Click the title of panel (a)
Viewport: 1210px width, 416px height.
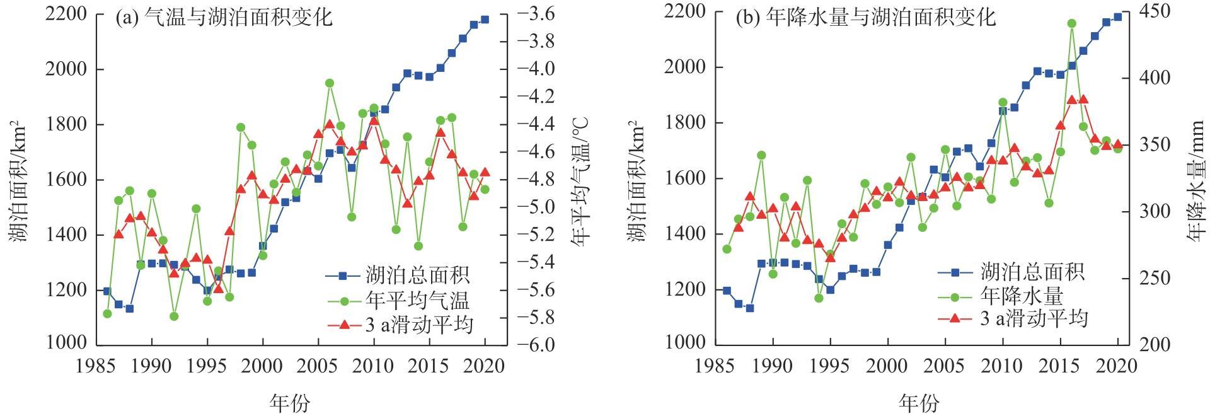(224, 17)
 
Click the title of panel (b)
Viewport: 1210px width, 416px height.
(866, 17)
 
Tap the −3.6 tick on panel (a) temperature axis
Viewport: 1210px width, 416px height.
(536, 13)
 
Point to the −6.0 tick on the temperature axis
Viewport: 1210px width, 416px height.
(536, 345)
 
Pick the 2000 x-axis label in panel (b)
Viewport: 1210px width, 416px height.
(888, 366)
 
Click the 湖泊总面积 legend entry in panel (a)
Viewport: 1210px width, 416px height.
(400, 275)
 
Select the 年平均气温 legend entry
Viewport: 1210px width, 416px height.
(400, 299)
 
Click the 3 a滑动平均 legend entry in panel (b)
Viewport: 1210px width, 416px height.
(1013, 318)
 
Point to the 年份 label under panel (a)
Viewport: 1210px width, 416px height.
(290, 402)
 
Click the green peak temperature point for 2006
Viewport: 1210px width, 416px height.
(330, 83)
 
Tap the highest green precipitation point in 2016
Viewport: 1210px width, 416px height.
(1071, 23)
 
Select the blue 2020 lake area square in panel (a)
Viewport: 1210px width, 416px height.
(485, 20)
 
